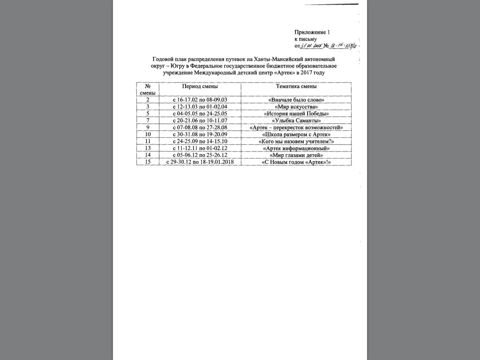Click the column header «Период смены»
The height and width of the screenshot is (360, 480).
pyautogui.click(x=200, y=87)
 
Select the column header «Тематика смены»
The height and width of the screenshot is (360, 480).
pyautogui.click(x=296, y=87)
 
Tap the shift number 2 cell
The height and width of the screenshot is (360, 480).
pyautogui.click(x=148, y=100)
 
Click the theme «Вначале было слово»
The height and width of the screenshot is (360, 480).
pyautogui.click(x=296, y=100)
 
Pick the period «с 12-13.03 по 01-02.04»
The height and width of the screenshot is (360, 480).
pyautogui.click(x=200, y=107)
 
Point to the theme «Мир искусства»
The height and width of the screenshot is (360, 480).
pyautogui.click(x=296, y=107)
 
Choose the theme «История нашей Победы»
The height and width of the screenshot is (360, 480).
pyautogui.click(x=296, y=113)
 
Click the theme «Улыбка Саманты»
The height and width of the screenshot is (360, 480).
pyautogui.click(x=296, y=120)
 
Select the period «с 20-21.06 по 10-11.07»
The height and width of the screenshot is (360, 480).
pyautogui.click(x=200, y=120)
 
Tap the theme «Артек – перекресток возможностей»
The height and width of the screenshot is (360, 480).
pyautogui.click(x=296, y=127)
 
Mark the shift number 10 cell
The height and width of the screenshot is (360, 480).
pyautogui.click(x=148, y=134)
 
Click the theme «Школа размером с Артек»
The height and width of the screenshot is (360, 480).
pyautogui.click(x=296, y=134)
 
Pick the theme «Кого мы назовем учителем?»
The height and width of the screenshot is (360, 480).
pyautogui.click(x=296, y=141)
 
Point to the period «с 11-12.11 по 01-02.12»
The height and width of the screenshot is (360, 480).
pyautogui.click(x=200, y=148)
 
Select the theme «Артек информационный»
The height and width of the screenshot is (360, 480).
pyautogui.click(x=296, y=148)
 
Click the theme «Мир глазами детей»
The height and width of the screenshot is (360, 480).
pyautogui.click(x=296, y=155)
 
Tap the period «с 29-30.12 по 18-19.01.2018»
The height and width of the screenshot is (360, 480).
pyautogui.click(x=200, y=162)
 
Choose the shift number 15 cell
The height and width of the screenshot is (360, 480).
pyautogui.click(x=148, y=162)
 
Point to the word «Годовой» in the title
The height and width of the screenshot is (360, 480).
pyautogui.click(x=164, y=60)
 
